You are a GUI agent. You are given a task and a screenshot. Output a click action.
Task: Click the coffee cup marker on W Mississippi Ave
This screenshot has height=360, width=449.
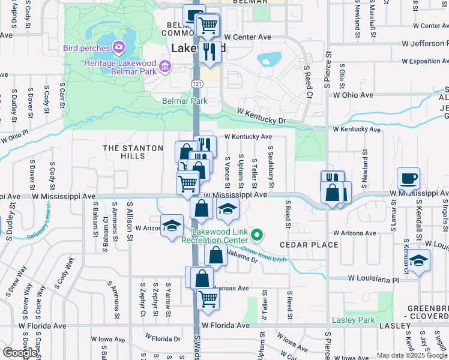click(x=408, y=179)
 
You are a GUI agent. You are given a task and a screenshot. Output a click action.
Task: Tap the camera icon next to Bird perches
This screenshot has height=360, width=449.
click(x=119, y=47)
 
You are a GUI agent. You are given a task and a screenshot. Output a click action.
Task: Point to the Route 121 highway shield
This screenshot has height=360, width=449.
click(x=196, y=83)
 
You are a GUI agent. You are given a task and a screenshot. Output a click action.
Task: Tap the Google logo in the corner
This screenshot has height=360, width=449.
click(x=20, y=353)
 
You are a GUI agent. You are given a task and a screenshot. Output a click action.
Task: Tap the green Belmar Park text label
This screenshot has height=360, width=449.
click(x=185, y=101)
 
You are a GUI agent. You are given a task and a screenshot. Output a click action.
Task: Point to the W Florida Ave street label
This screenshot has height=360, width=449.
click(x=225, y=326)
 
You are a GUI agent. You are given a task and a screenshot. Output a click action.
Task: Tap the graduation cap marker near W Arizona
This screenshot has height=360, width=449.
click(x=172, y=226)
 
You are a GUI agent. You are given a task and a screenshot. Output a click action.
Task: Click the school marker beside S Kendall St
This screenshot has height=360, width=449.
click(x=419, y=260)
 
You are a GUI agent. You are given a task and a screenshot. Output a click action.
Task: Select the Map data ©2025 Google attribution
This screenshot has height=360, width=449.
click(x=412, y=355)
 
